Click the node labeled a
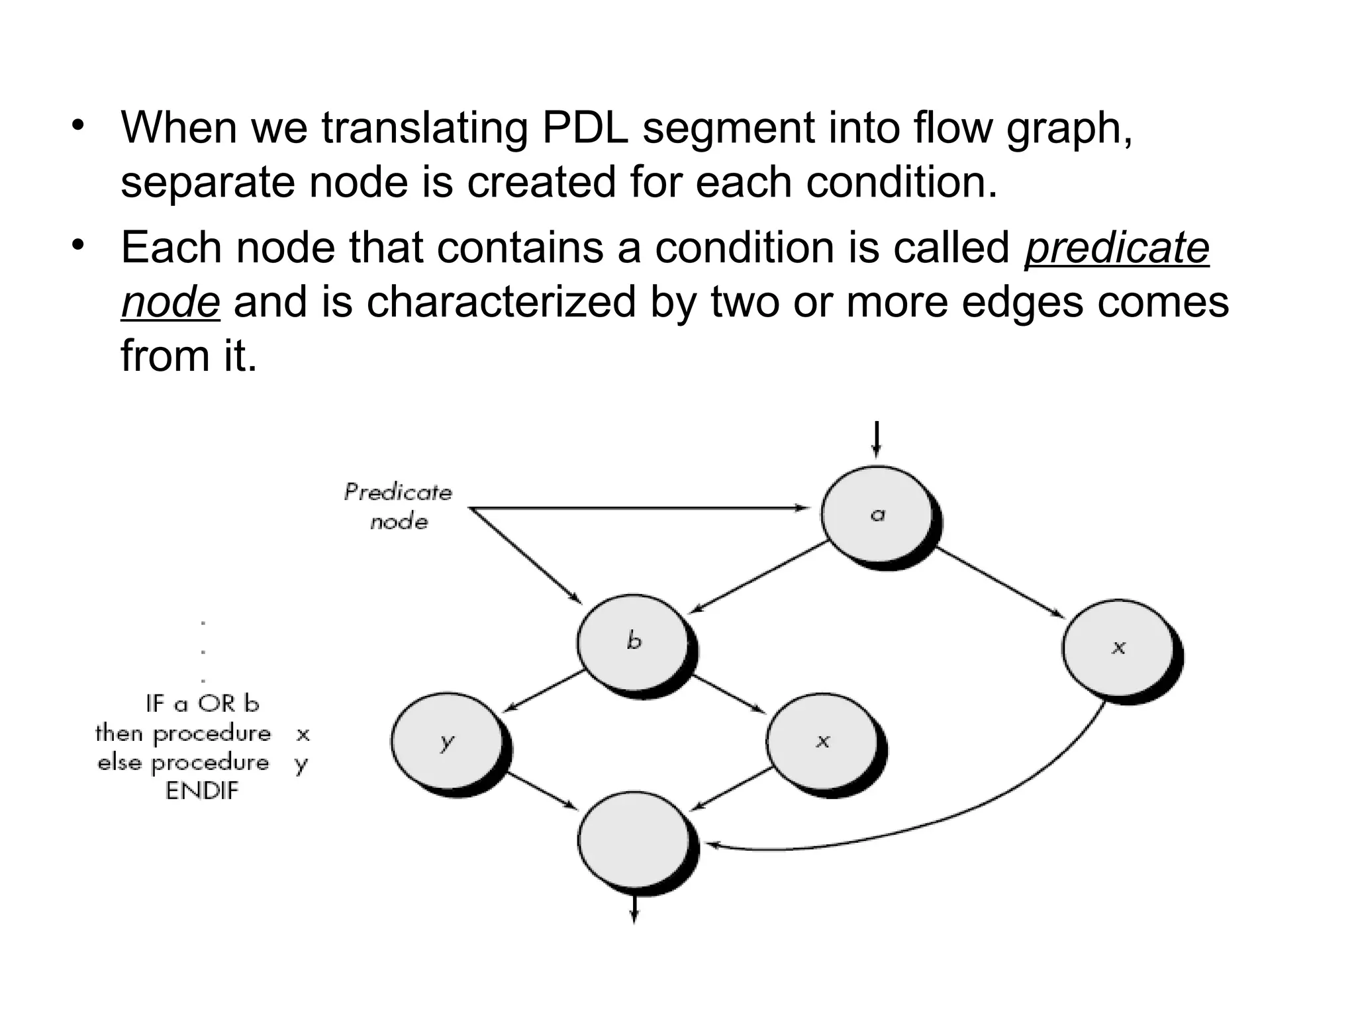tap(878, 514)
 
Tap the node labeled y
tap(448, 742)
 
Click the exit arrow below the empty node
tap(634, 910)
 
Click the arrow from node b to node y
tap(544, 691)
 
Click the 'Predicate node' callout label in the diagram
tap(398, 507)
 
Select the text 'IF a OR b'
tap(202, 703)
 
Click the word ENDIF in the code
tap(201, 791)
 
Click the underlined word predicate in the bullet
tap(1116, 248)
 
